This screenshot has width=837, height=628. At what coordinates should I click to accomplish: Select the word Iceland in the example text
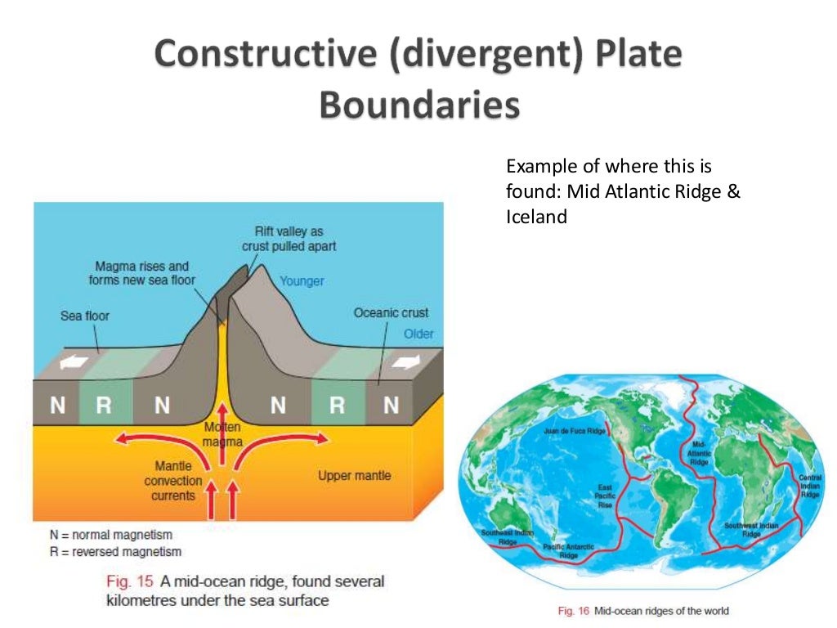click(x=536, y=218)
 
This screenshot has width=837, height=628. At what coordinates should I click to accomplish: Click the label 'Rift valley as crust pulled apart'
click(x=289, y=239)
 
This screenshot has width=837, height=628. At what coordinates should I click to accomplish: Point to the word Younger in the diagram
click(x=302, y=281)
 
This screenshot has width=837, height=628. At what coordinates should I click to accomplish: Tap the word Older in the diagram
click(x=418, y=334)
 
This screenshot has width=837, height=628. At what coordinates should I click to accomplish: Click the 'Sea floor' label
click(x=85, y=316)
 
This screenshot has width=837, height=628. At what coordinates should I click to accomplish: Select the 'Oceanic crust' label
click(x=391, y=313)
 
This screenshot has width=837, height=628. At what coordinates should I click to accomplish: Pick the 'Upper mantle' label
click(x=354, y=475)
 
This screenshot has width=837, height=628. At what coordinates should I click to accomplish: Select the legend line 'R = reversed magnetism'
click(x=115, y=552)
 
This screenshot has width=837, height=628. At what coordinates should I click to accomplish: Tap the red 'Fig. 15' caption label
click(x=130, y=582)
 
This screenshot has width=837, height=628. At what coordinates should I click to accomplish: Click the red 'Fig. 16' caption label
click(x=574, y=611)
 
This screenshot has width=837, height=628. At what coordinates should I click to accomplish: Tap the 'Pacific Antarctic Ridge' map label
click(x=568, y=550)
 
